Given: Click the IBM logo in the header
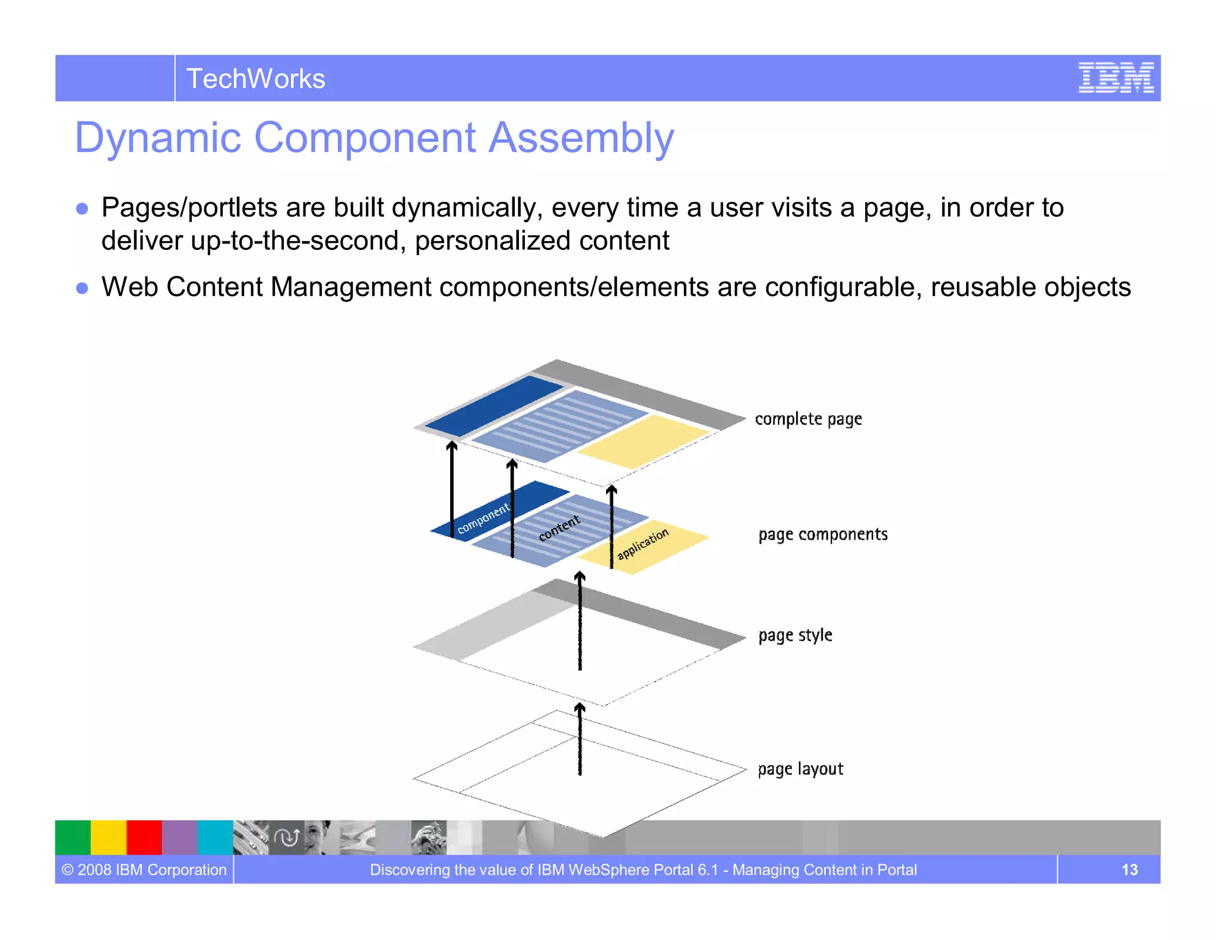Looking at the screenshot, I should (1116, 78).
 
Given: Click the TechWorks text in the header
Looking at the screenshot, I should (255, 79).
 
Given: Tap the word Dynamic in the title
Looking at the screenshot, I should (158, 138).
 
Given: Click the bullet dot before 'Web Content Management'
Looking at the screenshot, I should (83, 288).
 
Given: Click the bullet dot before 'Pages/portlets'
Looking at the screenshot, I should (83, 209).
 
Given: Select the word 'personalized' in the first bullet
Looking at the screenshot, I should (493, 241).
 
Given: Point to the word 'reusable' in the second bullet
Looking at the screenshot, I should (983, 287).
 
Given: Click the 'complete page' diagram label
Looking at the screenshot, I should (808, 419).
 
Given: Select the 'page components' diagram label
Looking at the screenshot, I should (822, 534).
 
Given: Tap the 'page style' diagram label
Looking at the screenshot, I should (795, 635).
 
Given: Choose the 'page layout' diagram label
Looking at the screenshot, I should (800, 769).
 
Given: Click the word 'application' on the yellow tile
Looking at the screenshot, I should (642, 544).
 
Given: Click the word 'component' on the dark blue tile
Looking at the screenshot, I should (483, 518).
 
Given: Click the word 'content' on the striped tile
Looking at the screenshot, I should (559, 528).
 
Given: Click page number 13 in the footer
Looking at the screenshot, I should (1129, 870).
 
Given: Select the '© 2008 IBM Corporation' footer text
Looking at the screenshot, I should (144, 870).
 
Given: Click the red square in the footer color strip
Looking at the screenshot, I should (144, 837).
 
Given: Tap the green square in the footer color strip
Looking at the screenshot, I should (72, 837).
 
